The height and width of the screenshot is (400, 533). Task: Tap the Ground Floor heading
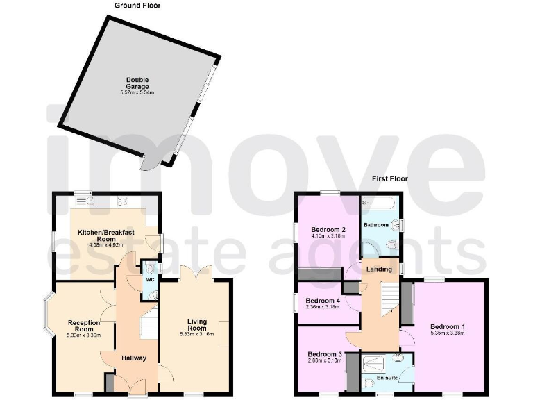point(137,6)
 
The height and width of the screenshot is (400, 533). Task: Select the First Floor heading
point(389,178)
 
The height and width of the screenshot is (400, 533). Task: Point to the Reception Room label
point(84,326)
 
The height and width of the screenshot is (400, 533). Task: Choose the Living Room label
point(196,324)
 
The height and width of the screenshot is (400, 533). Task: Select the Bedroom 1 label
point(448,326)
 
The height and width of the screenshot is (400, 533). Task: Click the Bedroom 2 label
point(328,230)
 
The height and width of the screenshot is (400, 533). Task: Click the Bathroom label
point(375,225)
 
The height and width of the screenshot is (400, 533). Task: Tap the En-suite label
point(387,378)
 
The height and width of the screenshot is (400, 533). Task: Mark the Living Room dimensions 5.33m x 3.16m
point(196,335)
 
